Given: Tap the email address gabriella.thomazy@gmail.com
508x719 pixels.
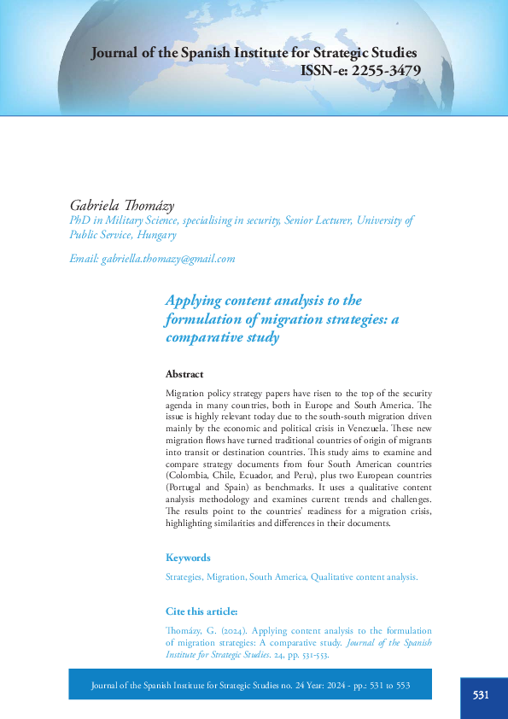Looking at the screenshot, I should tap(167, 258).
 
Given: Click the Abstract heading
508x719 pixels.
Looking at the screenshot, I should tap(184, 374).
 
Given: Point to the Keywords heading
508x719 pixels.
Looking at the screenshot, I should tap(188, 558).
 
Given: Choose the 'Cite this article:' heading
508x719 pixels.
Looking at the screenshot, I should tap(201, 611).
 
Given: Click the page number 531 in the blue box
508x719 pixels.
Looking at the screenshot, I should tap(481, 695).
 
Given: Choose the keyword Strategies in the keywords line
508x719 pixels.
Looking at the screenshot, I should tap(184, 577).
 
